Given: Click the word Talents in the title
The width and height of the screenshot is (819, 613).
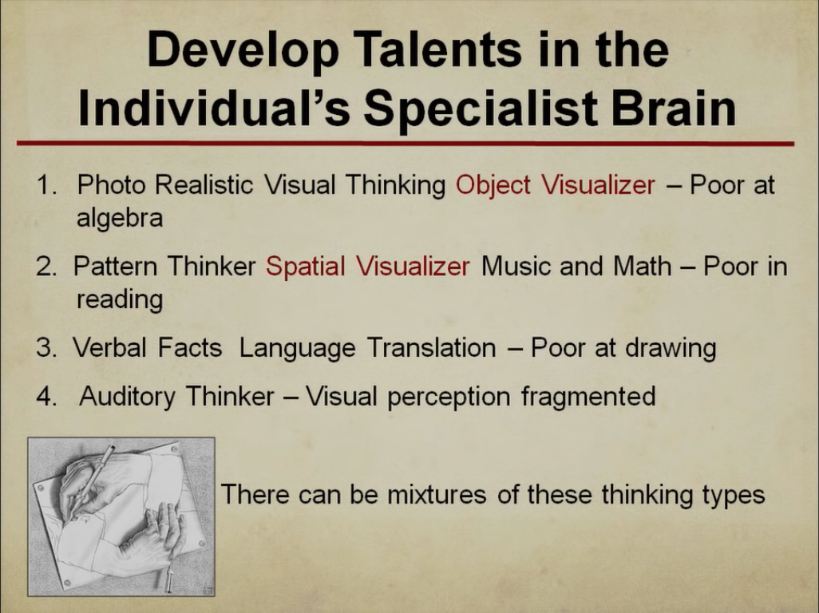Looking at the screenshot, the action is [439, 49].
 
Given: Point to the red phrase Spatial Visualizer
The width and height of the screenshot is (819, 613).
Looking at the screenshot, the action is [368, 267].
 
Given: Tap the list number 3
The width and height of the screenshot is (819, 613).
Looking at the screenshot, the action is [46, 348].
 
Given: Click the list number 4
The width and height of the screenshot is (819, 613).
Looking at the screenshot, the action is [46, 397].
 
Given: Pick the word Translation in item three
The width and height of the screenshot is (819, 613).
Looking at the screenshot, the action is [431, 348].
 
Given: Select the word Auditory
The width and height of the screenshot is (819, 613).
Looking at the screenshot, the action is [128, 397].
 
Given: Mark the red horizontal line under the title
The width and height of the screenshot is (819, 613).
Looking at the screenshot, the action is [406, 143].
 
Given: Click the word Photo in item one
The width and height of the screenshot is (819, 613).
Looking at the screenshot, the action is [110, 185].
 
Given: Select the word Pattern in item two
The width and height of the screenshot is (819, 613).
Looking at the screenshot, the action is [115, 267].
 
